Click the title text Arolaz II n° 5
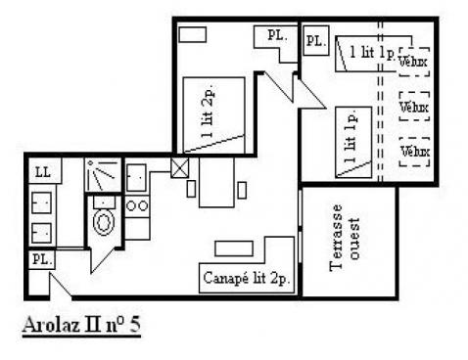point(81,325)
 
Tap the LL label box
point(45,170)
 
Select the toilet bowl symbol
point(104,222)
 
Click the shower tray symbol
point(103,174)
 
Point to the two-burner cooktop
point(137,206)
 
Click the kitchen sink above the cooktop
point(136,178)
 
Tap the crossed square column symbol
point(180,168)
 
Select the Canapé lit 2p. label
point(247,278)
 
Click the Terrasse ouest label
point(345,238)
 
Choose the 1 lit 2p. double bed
point(213,114)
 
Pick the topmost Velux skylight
point(414,62)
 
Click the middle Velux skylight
point(414,107)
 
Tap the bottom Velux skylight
point(414,152)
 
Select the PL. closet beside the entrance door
point(41,259)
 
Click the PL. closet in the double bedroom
point(276,43)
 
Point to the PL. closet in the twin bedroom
point(316,41)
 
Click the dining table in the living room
point(216,182)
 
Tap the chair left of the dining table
point(191,190)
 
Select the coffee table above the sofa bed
point(234,248)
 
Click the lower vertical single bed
point(353,142)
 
